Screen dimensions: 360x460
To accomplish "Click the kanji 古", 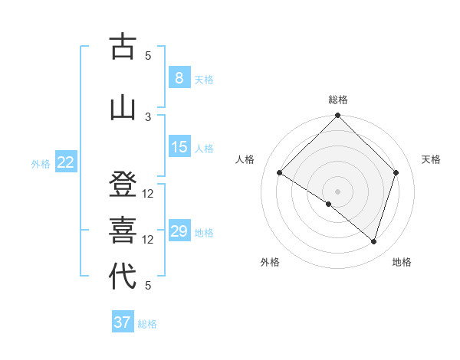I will pos(123,47).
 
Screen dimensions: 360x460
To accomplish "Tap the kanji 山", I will pos(123,107).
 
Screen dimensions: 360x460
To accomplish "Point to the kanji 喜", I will pos(123,230).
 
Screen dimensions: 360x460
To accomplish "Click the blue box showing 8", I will pos(179,77).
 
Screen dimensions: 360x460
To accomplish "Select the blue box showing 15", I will pos(179,147).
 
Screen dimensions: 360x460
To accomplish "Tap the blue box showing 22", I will pos(66,162).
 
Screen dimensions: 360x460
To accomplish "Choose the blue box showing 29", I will pos(179,231).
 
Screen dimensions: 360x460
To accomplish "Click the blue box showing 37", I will pos(123,322).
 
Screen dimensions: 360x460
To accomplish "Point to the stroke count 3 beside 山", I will pos(149,116).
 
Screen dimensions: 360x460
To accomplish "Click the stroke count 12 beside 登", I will pos(149,194).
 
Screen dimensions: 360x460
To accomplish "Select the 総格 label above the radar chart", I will pos(338,100).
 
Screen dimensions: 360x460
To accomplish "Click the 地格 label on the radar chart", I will pos(402,262).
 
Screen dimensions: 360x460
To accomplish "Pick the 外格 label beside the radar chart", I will pos(270,262).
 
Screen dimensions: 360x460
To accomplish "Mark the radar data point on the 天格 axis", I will pos(396,172).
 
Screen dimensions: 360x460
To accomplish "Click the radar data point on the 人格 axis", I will pos(280,172).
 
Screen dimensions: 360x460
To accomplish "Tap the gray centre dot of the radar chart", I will pos(337,191).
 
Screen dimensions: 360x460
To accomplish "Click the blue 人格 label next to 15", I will pos(204,149).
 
